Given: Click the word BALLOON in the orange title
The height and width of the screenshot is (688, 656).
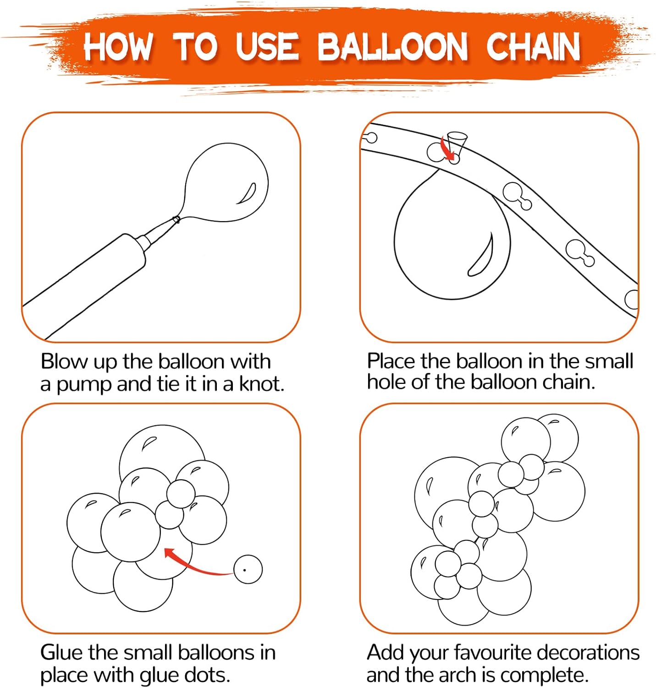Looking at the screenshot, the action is pyautogui.click(x=392, y=46).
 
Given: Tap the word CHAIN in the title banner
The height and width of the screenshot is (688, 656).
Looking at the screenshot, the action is pyautogui.click(x=533, y=46).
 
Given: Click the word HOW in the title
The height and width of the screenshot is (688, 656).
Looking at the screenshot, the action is pyautogui.click(x=118, y=46).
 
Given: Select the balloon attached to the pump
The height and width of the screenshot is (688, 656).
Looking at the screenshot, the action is pyautogui.click(x=226, y=183).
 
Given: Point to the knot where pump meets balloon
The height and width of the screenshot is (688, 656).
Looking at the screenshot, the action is pyautogui.click(x=176, y=220).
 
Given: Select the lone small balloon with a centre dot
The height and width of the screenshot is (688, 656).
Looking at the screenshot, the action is pyautogui.click(x=248, y=569).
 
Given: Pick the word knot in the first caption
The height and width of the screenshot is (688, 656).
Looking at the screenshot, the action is pyautogui.click(x=261, y=383).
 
